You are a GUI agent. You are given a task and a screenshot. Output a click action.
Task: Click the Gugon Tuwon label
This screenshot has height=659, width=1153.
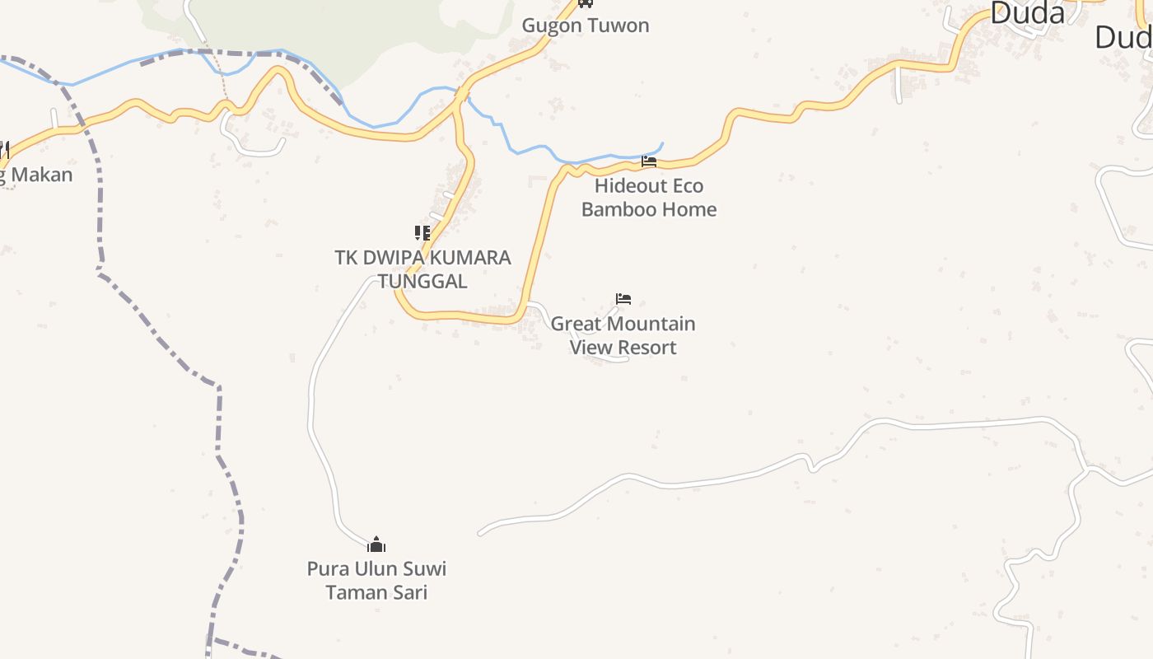coord(586,26)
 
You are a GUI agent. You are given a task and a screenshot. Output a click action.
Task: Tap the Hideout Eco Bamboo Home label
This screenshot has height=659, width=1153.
coord(649,198)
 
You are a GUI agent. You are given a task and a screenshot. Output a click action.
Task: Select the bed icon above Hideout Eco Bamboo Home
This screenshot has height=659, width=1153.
coord(649,161)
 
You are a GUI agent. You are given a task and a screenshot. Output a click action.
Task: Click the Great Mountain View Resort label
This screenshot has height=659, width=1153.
coord(623,335)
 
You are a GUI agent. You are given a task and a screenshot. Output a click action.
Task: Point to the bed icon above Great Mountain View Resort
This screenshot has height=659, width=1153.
coord(623,299)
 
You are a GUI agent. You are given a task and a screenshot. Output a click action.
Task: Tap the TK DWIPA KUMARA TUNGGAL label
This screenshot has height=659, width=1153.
coord(422,269)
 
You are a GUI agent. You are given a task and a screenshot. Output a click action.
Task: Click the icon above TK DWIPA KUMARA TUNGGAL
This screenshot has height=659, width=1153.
coord(422,233)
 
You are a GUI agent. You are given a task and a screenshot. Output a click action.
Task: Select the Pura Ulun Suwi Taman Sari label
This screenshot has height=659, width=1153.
coord(376,580)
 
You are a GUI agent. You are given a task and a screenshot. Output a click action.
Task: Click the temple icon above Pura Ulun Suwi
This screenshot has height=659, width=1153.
coord(376,544)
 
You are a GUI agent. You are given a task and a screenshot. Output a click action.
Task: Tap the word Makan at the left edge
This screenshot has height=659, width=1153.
coord(42,175)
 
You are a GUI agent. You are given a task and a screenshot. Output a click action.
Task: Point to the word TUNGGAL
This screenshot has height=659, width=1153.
coord(422,281)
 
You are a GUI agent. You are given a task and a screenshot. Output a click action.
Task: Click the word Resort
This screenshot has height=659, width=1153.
coord(649,348)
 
